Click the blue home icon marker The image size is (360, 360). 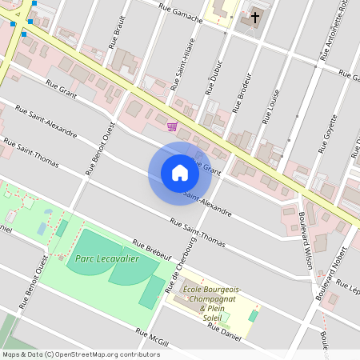coord(180,173)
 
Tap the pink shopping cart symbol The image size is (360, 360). coord(172,126)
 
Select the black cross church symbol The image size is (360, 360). coord(255,16)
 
